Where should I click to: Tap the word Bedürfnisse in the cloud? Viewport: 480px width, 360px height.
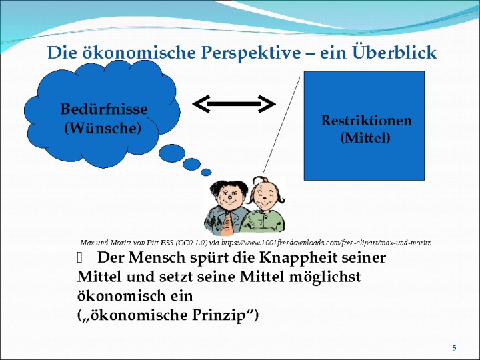104,109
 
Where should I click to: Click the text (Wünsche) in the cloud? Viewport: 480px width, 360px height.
103,128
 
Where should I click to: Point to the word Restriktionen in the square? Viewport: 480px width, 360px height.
367,120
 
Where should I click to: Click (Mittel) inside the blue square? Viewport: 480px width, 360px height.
365,138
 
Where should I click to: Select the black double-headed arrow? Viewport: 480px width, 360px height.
234,104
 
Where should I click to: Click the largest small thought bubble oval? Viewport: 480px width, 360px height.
172,153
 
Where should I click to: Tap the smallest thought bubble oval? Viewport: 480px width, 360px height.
206,172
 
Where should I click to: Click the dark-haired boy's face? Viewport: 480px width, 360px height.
229,197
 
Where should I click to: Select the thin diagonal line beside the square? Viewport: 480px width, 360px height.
281,125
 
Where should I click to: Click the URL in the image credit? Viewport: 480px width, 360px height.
326,243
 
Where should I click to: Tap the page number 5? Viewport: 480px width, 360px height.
454,347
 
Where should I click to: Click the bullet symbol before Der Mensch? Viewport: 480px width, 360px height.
80,258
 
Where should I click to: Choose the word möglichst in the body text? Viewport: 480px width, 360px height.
325,277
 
